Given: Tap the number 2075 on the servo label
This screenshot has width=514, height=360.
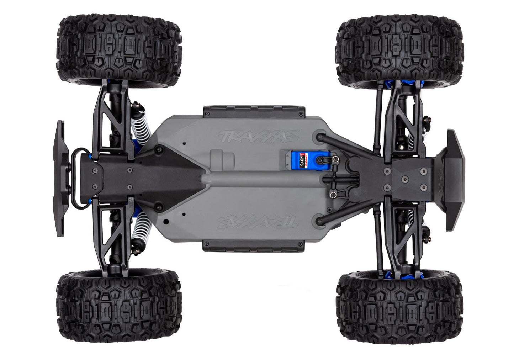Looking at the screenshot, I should pos(297,159).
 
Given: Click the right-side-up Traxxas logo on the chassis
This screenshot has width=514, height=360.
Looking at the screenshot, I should pos(258,136).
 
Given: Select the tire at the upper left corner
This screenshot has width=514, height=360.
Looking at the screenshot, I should pos(120,49).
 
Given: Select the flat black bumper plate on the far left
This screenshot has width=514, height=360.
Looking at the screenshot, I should pos(60,178).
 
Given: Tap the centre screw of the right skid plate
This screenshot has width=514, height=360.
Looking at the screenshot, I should pos(404,180).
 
